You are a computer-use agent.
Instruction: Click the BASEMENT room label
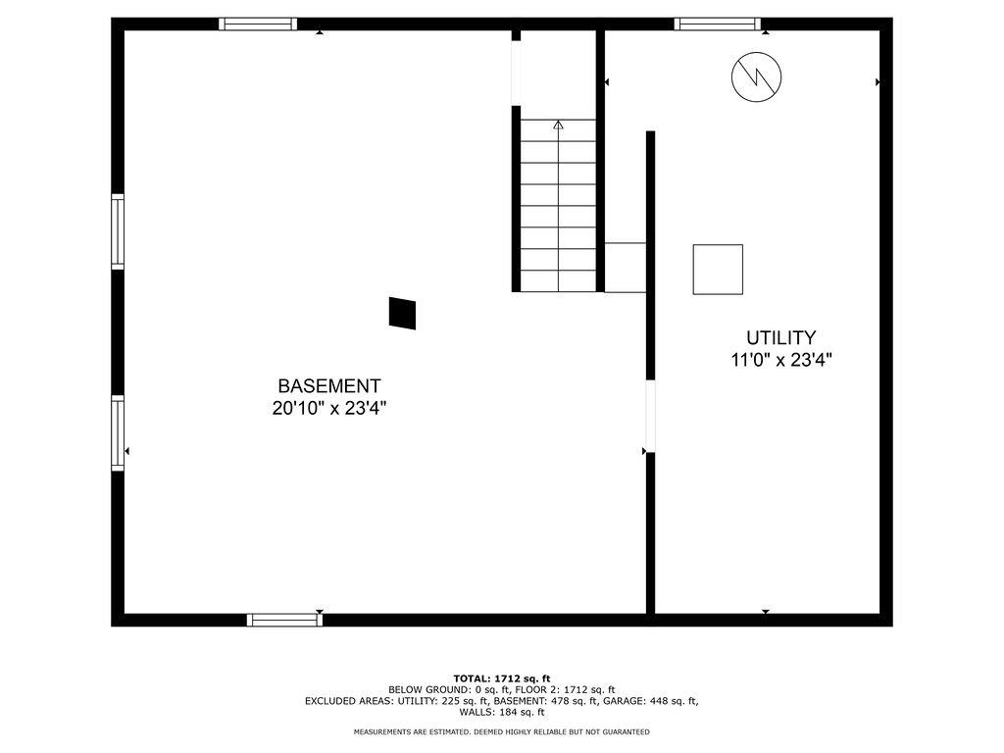pos(328,386)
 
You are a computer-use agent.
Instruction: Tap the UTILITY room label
pos(780,338)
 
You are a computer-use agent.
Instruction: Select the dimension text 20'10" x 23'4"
pos(329,409)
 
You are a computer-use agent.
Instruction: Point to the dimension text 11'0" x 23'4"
pos(781,360)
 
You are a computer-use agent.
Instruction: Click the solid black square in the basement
pos(403,313)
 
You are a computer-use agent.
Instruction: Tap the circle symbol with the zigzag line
pos(756,75)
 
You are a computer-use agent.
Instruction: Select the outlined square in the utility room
pos(718,270)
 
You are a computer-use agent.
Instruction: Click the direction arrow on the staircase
pos(558,125)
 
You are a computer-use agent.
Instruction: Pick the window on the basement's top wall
pos(258,24)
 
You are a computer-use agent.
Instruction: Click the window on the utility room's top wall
pos(718,24)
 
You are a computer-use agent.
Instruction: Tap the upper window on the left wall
pos(118,231)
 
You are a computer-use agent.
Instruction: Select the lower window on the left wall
pos(118,432)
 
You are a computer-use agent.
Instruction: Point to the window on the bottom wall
pos(284,619)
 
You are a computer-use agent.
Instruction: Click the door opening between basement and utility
pos(649,416)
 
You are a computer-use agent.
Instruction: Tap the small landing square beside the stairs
pos(625,267)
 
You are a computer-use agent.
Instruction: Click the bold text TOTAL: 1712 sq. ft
pos(502,678)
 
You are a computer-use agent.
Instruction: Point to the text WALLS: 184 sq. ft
pos(502,712)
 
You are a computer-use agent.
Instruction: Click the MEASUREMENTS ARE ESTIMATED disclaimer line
pos(502,732)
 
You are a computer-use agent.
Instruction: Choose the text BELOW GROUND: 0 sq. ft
pos(442,690)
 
